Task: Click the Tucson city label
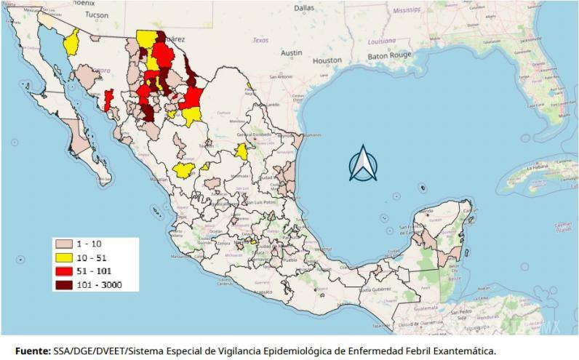point(96,15)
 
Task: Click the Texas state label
point(260,41)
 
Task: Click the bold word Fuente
point(31,350)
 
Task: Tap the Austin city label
point(292,52)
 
